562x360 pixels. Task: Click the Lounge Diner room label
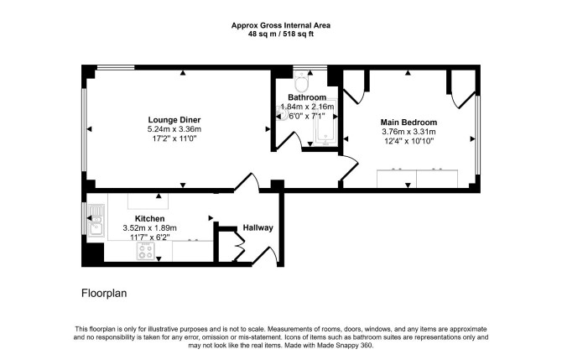pyautogui.click(x=174, y=120)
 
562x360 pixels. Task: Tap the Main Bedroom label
pyautogui.click(x=408, y=123)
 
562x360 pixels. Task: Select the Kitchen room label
pyautogui.click(x=150, y=218)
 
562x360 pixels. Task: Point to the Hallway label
pyautogui.click(x=258, y=227)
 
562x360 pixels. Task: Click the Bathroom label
pyautogui.click(x=307, y=97)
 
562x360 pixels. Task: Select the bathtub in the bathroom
pyautogui.click(x=325, y=123)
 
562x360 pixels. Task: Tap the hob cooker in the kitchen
pyautogui.click(x=146, y=251)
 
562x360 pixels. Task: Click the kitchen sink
pyautogui.click(x=96, y=221)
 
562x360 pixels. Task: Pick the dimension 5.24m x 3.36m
pyautogui.click(x=174, y=129)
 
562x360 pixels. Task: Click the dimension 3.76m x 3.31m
pyautogui.click(x=408, y=132)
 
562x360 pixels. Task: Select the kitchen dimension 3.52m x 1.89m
pyautogui.click(x=150, y=227)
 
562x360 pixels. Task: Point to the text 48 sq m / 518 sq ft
pyautogui.click(x=281, y=34)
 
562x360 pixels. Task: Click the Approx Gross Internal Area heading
pyautogui.click(x=281, y=25)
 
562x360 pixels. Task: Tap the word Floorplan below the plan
pyautogui.click(x=104, y=294)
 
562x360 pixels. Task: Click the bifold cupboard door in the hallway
pyautogui.click(x=239, y=247)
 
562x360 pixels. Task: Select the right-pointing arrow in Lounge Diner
pyautogui.click(x=268, y=129)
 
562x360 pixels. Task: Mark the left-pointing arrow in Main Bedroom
pyautogui.click(x=346, y=138)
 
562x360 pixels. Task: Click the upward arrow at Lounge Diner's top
pyautogui.click(x=183, y=73)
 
